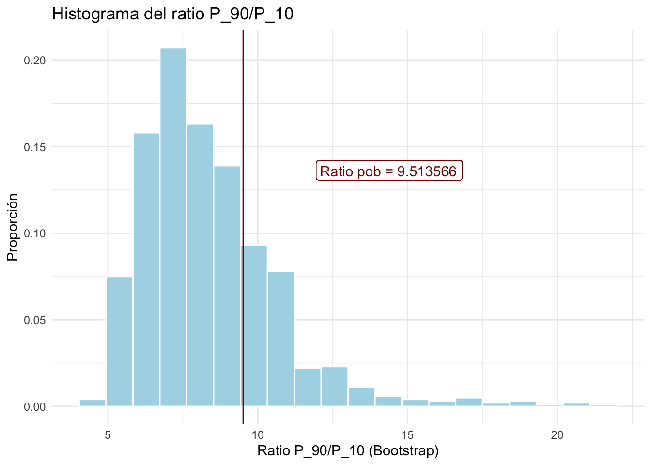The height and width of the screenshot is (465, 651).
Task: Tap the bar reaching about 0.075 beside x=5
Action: click(119, 341)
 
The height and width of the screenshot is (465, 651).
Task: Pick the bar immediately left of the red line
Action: click(227, 286)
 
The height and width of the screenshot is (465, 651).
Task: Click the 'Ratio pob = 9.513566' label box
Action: click(389, 171)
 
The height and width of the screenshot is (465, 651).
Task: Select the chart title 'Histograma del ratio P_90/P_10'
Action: click(172, 14)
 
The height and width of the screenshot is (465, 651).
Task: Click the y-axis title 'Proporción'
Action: click(13, 227)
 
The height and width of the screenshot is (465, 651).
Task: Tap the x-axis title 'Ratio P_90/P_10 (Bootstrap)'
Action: click(348, 451)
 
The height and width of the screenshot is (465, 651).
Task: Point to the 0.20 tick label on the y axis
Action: click(34, 61)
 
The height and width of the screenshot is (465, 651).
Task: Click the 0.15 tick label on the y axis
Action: click(34, 147)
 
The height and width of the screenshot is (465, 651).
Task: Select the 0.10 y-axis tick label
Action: click(34, 233)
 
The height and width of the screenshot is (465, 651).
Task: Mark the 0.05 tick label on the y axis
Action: click(34, 320)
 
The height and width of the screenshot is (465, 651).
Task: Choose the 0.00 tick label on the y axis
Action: click(34, 406)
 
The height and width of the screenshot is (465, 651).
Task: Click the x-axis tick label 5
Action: click(108, 434)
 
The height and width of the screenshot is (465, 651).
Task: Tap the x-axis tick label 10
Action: click(258, 434)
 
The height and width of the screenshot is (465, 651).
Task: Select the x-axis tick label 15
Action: click(407, 434)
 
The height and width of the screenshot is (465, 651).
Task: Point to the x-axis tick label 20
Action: click(557, 434)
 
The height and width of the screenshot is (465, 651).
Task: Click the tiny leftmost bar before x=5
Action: click(93, 403)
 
